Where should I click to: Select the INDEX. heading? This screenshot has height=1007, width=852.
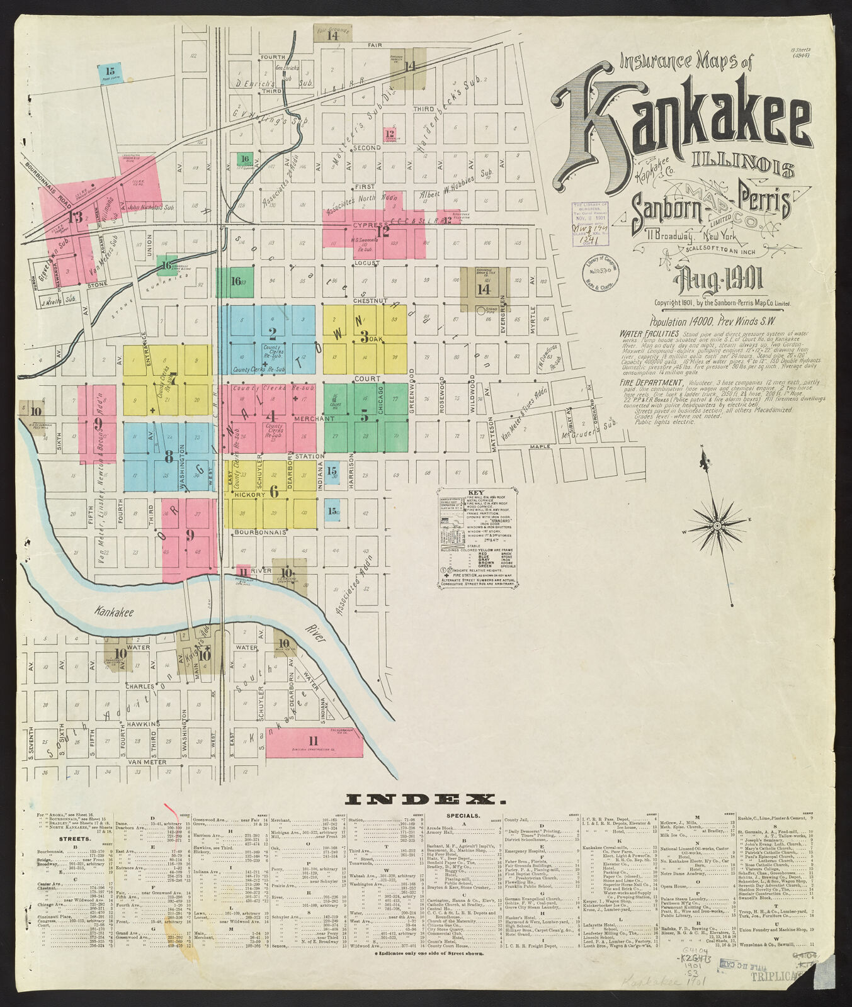tap(426, 800)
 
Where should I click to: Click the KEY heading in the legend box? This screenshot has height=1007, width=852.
tap(477, 493)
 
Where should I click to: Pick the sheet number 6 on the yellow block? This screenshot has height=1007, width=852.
tap(274, 492)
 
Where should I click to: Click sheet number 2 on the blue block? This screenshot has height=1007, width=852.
tap(272, 334)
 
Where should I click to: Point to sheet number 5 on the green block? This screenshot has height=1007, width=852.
tap(364, 416)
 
